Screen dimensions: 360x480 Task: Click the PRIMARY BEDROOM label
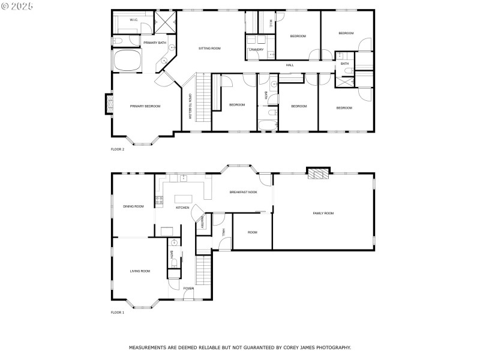[x=145, y=106]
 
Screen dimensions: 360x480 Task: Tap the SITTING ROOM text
[x=210, y=48]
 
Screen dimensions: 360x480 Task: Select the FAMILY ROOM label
[x=323, y=213]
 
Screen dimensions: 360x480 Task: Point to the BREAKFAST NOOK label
[x=244, y=192]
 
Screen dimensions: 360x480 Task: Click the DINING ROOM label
[x=133, y=206]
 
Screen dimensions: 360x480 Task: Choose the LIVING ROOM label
[x=140, y=271]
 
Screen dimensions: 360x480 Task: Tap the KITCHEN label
[x=182, y=208]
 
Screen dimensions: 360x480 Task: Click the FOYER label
[x=189, y=289]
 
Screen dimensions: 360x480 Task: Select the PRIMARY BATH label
[x=154, y=43]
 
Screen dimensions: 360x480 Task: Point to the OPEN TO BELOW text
[x=190, y=106]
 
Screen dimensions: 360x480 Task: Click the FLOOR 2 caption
[x=118, y=149]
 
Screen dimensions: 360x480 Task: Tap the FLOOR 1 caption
[x=118, y=313]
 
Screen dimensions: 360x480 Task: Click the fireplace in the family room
[x=319, y=174]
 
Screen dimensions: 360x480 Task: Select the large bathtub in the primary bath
[x=127, y=61]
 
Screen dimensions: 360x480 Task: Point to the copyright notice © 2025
[x=17, y=5]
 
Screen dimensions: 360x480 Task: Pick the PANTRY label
[x=203, y=223]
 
